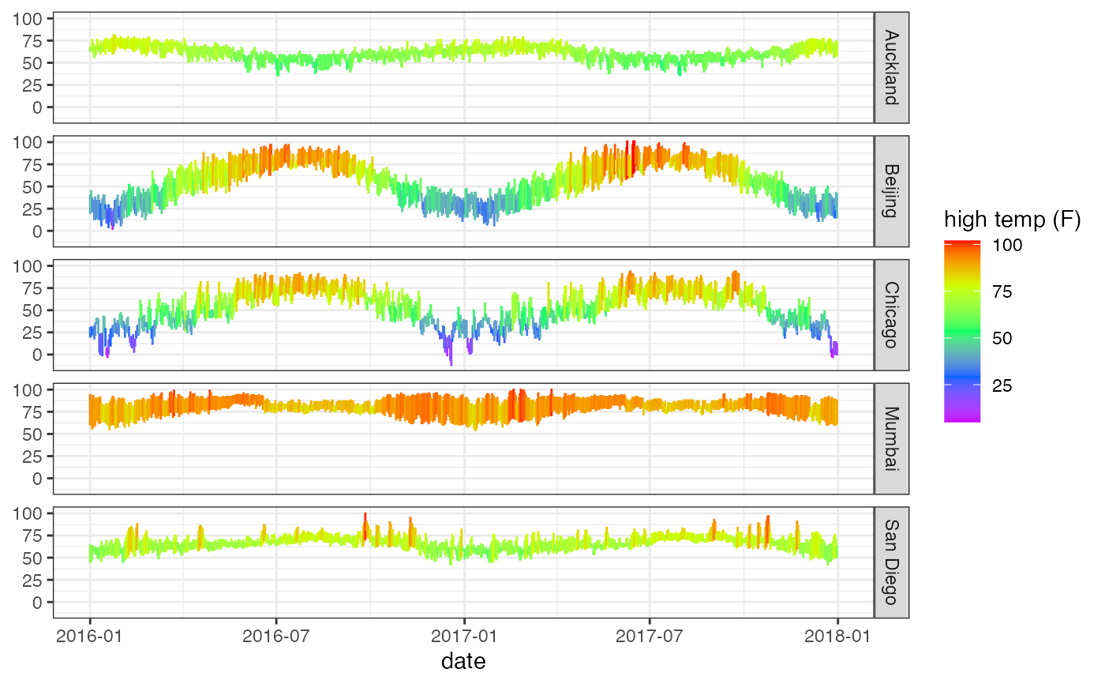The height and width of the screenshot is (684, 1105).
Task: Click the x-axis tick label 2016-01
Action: point(90,635)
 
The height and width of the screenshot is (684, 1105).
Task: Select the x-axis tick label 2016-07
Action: point(276,635)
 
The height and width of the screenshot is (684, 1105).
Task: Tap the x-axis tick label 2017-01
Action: point(464,635)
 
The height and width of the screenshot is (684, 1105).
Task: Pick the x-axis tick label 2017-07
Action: point(650,635)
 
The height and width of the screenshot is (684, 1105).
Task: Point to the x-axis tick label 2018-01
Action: point(837,635)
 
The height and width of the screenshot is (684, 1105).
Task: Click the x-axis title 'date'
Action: point(463,661)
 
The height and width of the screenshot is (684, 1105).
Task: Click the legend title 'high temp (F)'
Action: point(1013,221)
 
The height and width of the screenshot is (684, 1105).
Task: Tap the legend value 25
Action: point(1002,386)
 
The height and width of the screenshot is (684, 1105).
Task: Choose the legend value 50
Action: point(1002,339)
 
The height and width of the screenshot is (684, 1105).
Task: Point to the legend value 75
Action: point(1002,292)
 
